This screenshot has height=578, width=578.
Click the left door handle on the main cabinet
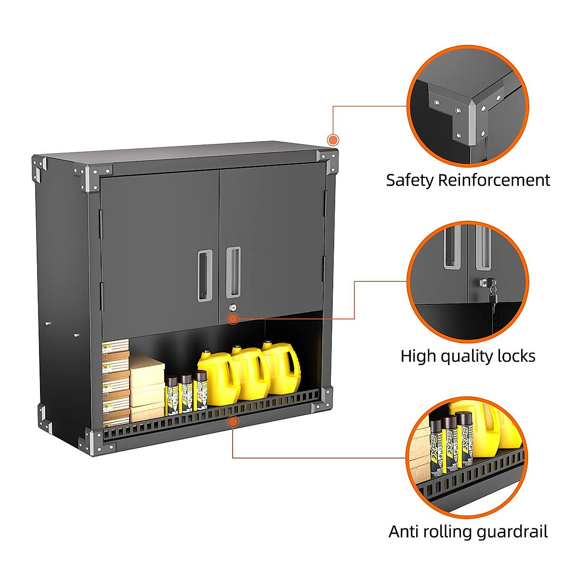[x=204, y=276]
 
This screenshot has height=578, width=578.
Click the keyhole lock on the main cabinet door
[x=233, y=307]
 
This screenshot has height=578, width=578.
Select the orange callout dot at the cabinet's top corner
[x=333, y=140]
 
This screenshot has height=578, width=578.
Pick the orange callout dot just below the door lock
[x=233, y=318]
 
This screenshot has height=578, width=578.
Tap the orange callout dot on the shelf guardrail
[x=233, y=422]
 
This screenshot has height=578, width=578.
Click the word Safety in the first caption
[x=410, y=180]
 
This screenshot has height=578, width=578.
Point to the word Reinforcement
[x=494, y=180]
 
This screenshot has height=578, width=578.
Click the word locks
[x=516, y=356]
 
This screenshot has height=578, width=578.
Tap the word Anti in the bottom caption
[x=404, y=532]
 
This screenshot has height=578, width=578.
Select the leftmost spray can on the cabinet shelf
[x=171, y=395]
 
